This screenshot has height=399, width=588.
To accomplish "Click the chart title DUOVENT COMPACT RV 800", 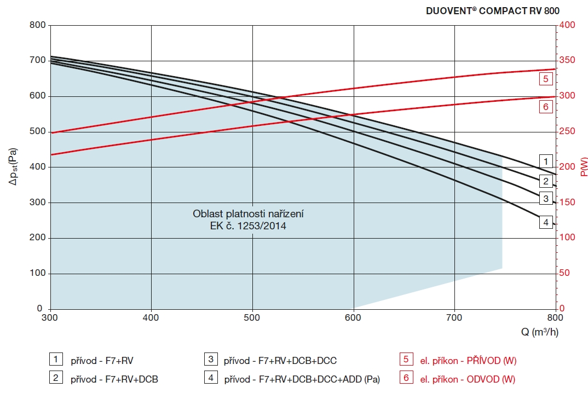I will (493, 10).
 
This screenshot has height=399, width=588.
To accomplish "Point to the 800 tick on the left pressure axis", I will (37, 25).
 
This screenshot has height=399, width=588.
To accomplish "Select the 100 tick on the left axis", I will (37, 274).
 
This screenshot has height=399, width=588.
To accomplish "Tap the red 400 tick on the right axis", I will (568, 25).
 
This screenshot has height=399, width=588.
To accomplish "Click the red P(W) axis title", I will (582, 167).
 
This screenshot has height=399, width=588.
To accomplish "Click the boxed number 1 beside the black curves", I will (545, 161).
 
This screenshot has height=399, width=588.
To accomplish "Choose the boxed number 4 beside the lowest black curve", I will (545, 222).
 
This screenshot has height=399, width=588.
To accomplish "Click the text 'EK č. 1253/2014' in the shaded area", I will (248, 225).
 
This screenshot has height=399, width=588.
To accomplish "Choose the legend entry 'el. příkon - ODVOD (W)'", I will (467, 379).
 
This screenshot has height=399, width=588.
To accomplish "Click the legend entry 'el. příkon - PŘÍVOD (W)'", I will (468, 361).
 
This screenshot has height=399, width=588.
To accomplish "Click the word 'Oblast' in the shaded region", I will (205, 213).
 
